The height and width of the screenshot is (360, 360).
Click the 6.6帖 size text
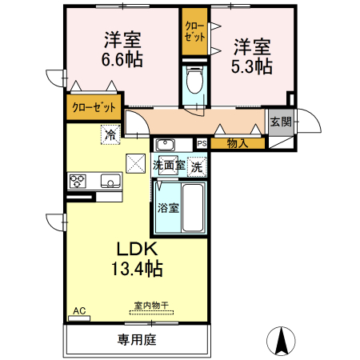click(x=122, y=59)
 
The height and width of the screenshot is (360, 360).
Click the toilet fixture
click(x=193, y=81)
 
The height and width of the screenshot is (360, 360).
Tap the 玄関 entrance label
click(x=280, y=122)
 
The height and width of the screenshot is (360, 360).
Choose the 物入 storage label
click(x=237, y=143)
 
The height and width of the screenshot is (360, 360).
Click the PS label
click(x=202, y=143)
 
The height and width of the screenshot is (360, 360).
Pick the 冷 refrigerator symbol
click(x=110, y=134)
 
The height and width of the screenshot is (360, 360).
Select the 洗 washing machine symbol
click(x=196, y=167)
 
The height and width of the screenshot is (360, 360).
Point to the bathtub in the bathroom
click(x=193, y=206)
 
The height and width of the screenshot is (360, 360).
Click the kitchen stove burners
click(x=78, y=181)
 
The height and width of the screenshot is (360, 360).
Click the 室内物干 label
click(x=150, y=306)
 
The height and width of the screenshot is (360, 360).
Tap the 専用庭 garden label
click(x=137, y=340)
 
